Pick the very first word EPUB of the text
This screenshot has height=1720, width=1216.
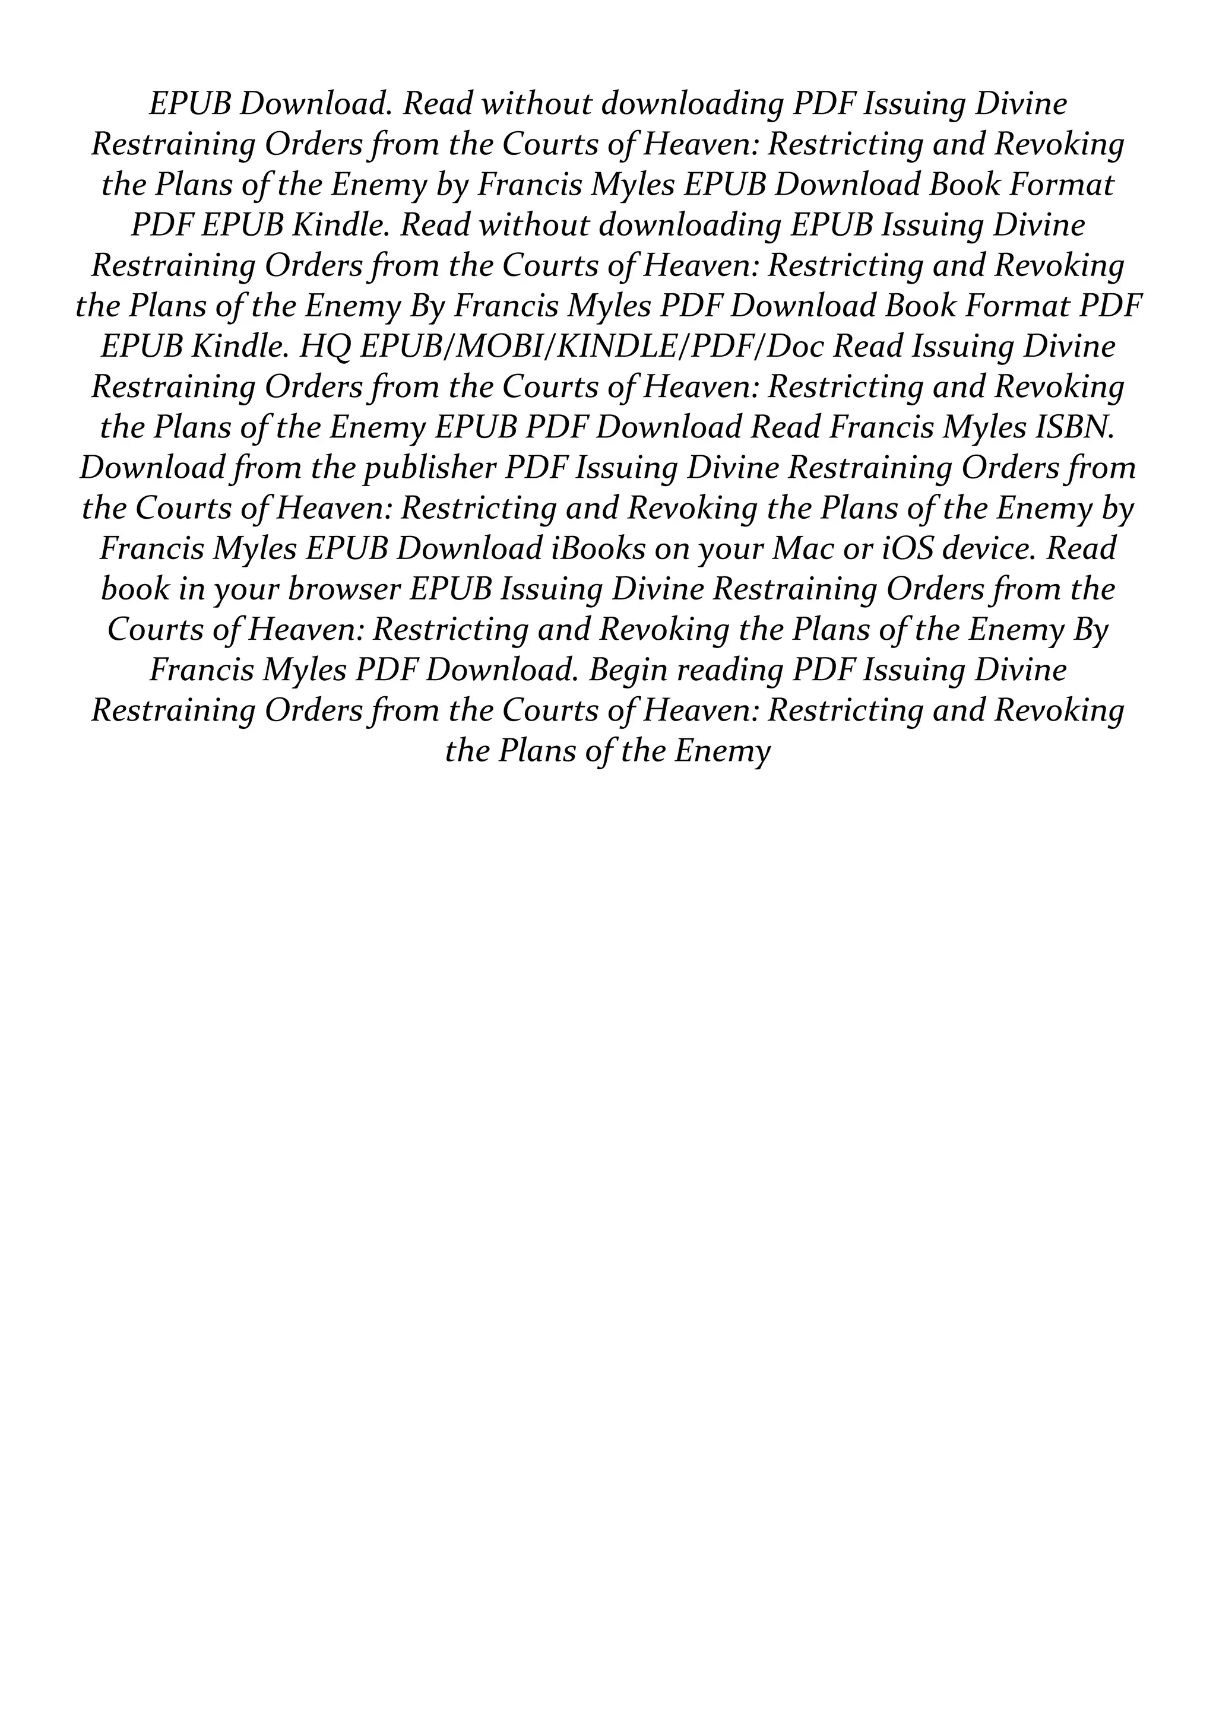[191, 104]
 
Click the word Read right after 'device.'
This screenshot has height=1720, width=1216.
[1081, 549]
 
